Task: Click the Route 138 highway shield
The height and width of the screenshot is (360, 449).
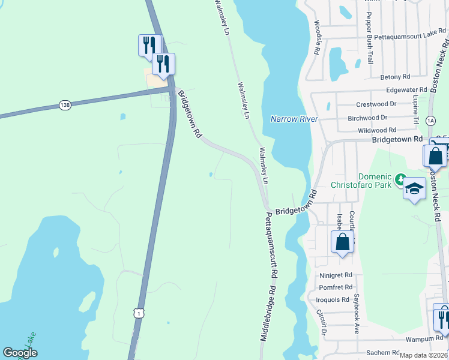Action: point(65,105)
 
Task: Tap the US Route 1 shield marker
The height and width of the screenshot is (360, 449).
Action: point(139,313)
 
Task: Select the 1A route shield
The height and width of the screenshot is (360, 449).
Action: point(430,121)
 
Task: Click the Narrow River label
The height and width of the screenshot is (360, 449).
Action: point(294,119)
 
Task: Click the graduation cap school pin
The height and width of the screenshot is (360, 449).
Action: point(414,188)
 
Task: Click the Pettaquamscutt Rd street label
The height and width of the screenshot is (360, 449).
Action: point(272,245)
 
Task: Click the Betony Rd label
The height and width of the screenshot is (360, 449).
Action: point(395,77)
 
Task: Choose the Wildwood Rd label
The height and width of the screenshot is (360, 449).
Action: point(376,130)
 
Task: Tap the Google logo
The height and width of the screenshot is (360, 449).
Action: point(20,353)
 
